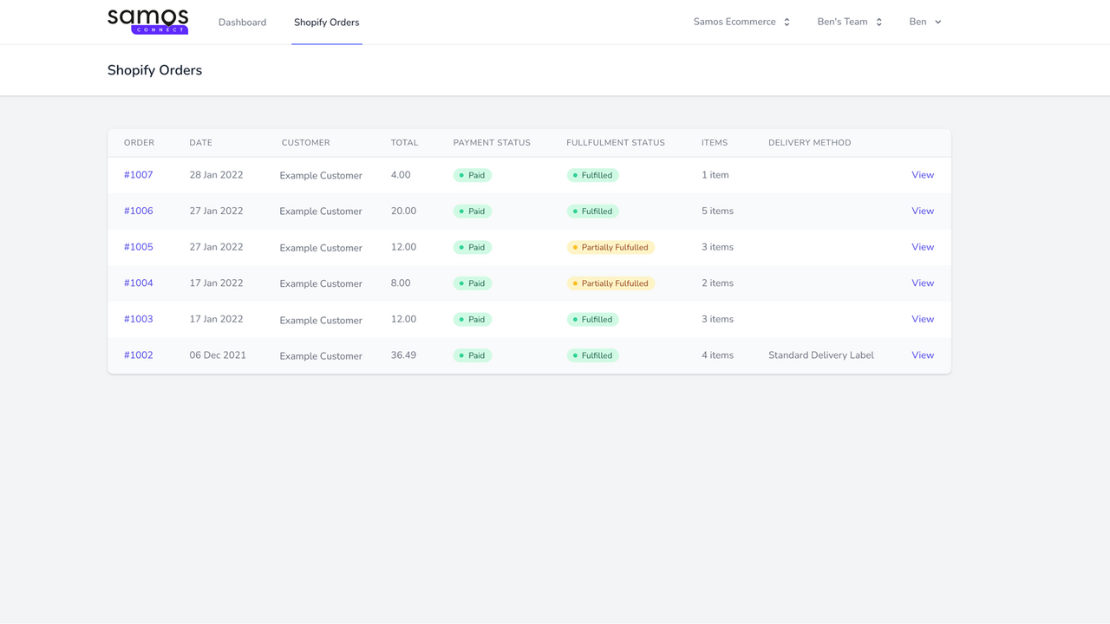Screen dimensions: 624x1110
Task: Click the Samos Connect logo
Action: [147, 22]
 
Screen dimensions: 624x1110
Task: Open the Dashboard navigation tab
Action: [242, 23]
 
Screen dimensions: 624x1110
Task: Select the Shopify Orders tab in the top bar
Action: [326, 23]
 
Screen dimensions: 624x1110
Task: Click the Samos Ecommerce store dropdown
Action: [741, 23]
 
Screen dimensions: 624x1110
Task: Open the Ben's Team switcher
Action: [849, 23]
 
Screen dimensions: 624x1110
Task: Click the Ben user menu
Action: [924, 23]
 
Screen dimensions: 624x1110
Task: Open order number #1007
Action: [138, 175]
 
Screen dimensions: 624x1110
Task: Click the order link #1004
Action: [138, 283]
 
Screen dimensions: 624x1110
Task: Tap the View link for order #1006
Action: [922, 211]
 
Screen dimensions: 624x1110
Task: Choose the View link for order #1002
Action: [922, 355]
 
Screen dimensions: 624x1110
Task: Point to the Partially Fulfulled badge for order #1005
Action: [610, 248]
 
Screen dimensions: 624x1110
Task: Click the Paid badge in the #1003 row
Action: [473, 320]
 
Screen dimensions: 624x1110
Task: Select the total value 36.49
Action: [403, 355]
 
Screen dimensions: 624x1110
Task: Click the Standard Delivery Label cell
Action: [820, 355]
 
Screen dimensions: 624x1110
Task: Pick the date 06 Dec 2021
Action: [218, 355]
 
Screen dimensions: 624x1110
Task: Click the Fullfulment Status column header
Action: [615, 143]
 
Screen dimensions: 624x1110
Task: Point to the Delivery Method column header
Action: [809, 143]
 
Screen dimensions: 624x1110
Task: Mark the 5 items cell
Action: [717, 211]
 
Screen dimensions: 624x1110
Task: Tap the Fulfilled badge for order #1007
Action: [592, 175]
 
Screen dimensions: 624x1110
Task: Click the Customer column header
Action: [305, 143]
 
